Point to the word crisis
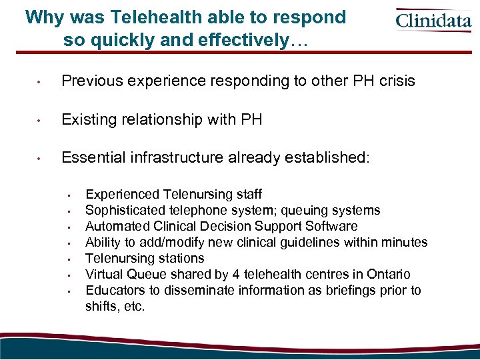(394, 81)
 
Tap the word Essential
(93, 158)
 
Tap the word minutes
(405, 243)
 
